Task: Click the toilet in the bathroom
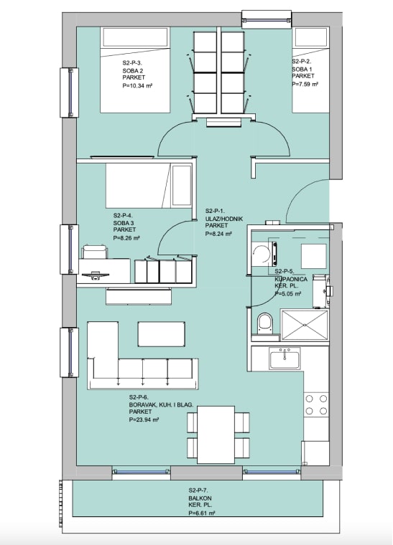[264, 323]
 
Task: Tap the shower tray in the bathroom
[305, 326]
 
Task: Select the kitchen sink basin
[285, 360]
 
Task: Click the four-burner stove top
[316, 404]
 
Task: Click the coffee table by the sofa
[161, 333]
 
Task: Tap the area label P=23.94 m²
[144, 420]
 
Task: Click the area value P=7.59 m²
[305, 84]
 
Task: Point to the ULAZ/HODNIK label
[224, 219]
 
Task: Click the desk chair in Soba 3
[94, 251]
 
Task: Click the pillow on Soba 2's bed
[135, 37]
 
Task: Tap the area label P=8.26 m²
[126, 238]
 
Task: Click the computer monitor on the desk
[95, 275]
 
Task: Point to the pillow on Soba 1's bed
[311, 37]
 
